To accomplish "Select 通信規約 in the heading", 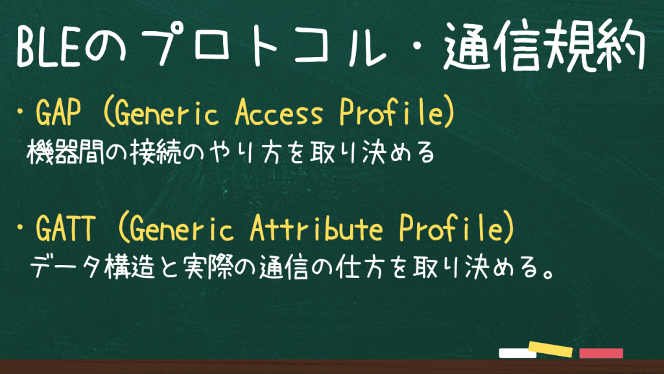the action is (544, 45).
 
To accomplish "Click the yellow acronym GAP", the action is (58, 112).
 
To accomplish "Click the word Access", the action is (279, 112).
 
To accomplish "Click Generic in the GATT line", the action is (182, 229).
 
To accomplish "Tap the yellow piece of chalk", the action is (551, 349).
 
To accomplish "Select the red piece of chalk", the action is (601, 353).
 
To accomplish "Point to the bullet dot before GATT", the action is (20, 228).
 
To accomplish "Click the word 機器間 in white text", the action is (65, 153).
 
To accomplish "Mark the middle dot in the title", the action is (416, 47).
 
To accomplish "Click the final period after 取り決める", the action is (549, 275).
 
